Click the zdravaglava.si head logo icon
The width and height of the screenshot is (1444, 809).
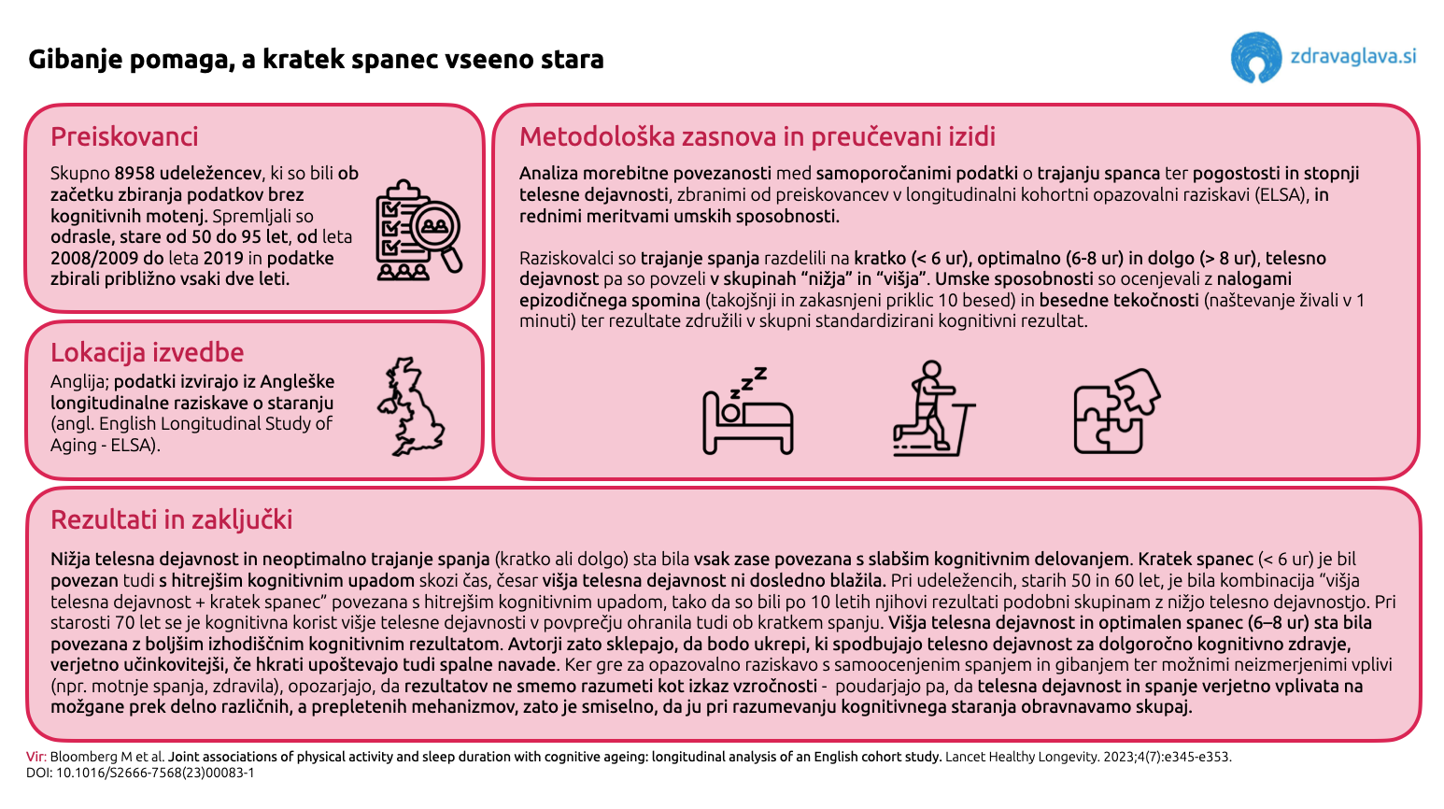1256,58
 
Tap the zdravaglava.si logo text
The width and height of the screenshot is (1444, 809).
1352,56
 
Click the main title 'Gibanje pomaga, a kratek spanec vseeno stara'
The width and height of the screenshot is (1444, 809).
316,60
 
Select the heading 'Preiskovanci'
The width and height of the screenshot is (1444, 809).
124,137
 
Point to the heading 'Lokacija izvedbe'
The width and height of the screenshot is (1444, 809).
147,352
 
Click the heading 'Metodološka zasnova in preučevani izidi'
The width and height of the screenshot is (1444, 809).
757,137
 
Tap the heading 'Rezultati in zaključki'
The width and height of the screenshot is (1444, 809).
171,519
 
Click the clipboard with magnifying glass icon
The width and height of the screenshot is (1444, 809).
418,230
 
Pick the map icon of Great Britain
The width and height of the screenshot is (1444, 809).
411,407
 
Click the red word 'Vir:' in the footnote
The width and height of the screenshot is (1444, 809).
35,757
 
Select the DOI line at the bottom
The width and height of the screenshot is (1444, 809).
140,773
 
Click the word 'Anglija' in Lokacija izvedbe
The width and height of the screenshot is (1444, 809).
79,382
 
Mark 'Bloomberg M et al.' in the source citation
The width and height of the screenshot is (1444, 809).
107,757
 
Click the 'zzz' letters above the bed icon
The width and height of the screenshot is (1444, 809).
753,379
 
